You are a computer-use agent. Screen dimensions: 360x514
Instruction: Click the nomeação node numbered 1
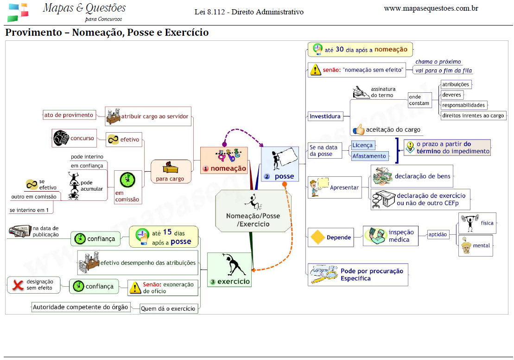point(224,161)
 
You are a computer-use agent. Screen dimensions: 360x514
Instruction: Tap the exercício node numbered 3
point(229,270)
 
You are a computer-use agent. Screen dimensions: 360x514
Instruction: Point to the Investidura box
point(325,116)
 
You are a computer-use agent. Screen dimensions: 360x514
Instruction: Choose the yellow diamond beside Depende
point(317,237)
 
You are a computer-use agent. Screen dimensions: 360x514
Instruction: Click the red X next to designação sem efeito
point(18,285)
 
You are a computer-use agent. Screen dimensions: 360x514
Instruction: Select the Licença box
point(362,145)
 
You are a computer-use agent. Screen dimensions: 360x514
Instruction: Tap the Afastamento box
point(369,156)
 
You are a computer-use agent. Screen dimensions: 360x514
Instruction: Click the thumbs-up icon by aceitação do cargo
point(359,129)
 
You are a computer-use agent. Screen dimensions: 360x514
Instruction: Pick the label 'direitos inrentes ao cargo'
point(473,116)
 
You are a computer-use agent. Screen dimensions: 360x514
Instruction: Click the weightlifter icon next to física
point(468,223)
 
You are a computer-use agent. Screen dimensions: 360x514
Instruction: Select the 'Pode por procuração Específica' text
point(372,275)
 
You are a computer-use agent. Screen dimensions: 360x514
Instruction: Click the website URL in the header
point(431,8)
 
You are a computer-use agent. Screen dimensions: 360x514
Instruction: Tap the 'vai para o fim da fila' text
point(444,71)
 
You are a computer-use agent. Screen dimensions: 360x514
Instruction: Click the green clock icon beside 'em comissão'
point(127,180)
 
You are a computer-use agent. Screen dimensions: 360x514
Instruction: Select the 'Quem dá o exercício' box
point(168,309)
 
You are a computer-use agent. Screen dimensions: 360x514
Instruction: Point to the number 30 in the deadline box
point(339,49)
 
